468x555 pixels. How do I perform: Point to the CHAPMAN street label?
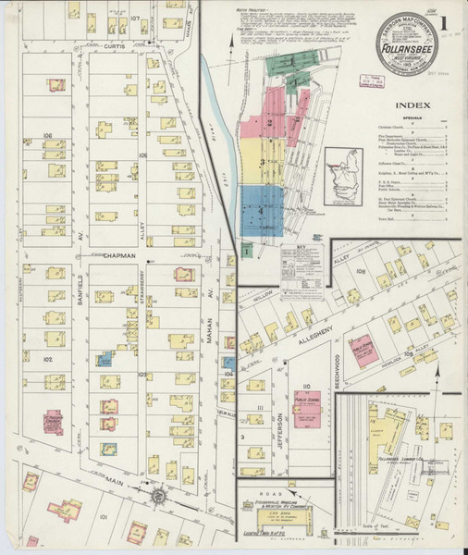[x=120, y=255]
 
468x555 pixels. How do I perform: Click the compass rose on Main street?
[x=156, y=497]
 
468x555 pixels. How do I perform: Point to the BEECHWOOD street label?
[x=338, y=368]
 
